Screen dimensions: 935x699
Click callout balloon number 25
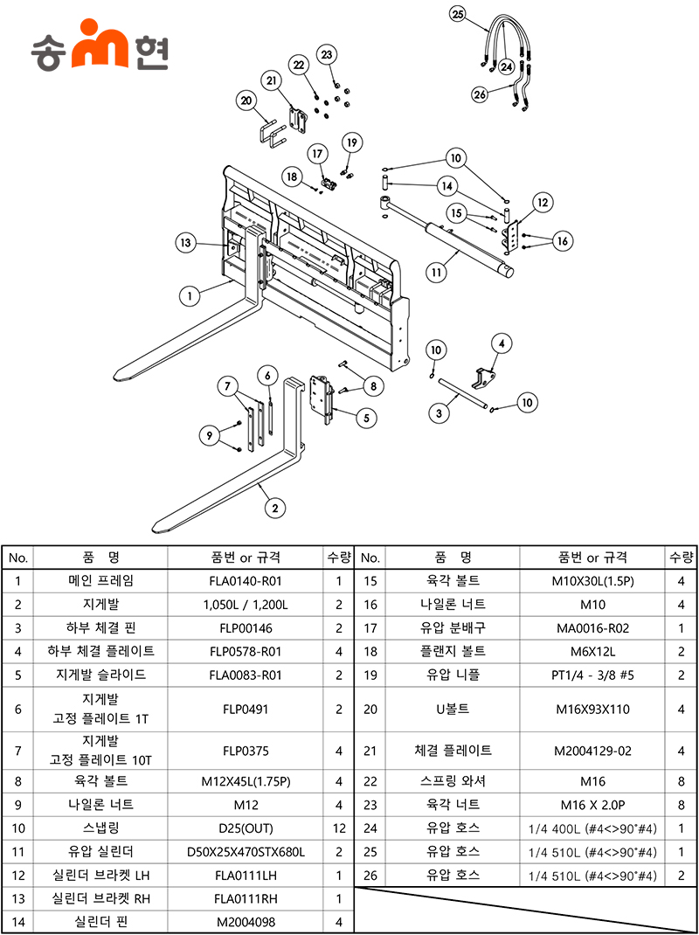tap(459, 13)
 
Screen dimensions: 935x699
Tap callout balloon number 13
tap(184, 243)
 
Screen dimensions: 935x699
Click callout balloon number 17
tap(315, 153)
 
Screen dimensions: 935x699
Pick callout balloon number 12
tap(542, 202)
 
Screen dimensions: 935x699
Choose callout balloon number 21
tap(272, 81)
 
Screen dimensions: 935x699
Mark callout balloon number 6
tap(269, 375)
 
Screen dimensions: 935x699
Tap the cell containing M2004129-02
tap(592, 751)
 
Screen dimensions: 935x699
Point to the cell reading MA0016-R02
tap(592, 628)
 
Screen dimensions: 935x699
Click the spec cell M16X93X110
tap(592, 709)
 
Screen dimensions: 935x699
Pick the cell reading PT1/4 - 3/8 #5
tap(592, 675)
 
